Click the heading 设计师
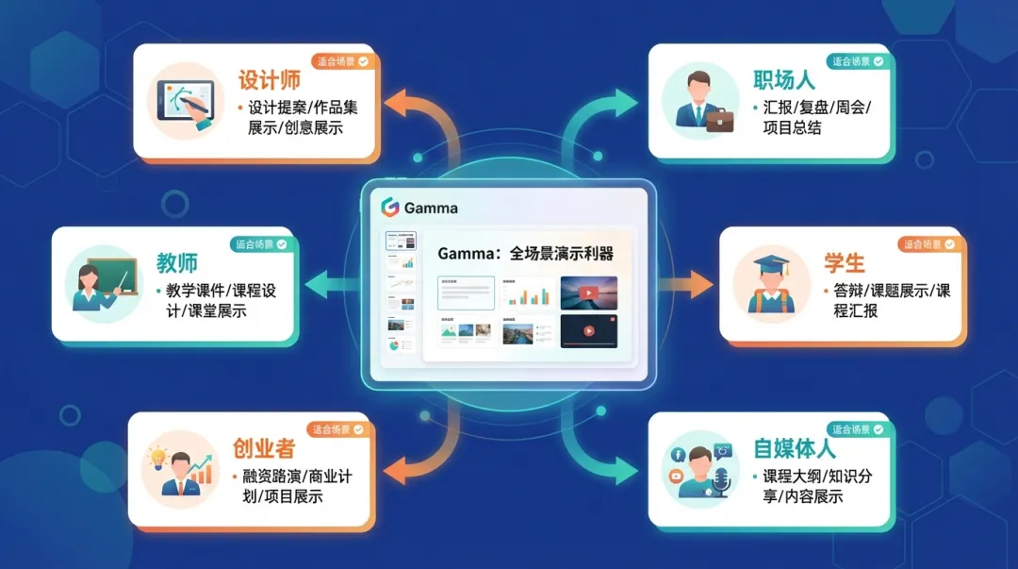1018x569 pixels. (270, 79)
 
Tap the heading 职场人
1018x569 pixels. (783, 79)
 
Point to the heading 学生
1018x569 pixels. (844, 261)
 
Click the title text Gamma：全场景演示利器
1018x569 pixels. (525, 254)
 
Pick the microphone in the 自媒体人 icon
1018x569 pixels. (722, 480)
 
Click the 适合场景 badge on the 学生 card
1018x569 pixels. (926, 243)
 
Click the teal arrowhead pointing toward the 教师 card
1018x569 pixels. (313, 280)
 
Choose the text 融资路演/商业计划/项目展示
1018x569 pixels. (290, 486)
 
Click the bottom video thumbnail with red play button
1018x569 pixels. (589, 331)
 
